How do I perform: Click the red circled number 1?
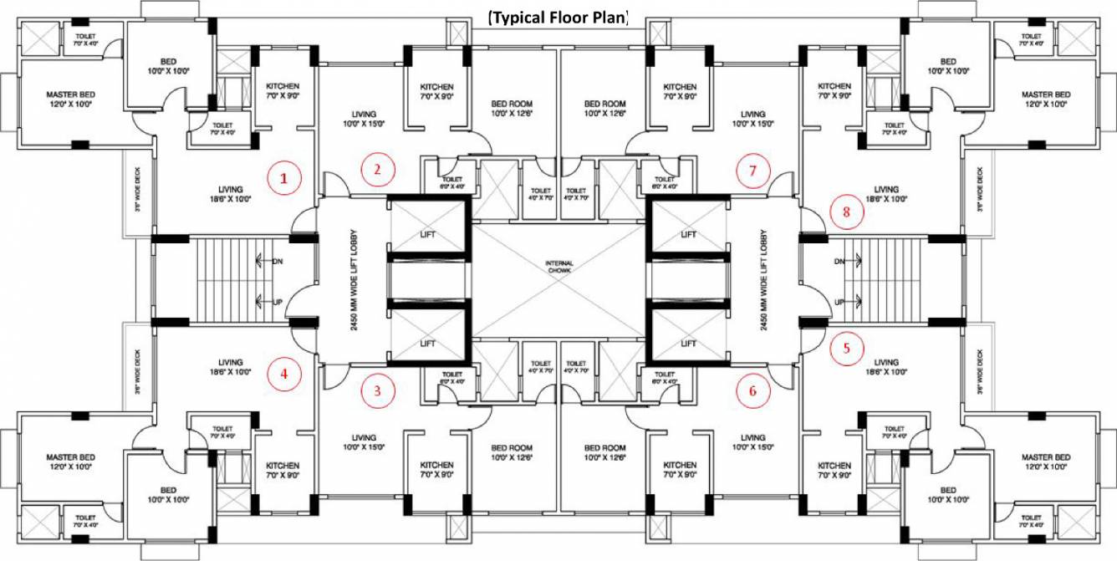point(283,178)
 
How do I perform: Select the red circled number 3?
point(377,390)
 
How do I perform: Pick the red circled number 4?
point(283,375)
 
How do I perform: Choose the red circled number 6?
point(752,390)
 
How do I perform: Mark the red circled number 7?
point(752,171)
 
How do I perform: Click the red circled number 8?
point(846,212)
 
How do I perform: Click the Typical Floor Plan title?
point(558,16)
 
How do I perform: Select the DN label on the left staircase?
point(277,261)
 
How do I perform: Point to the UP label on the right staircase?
point(839,301)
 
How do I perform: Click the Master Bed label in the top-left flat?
point(70,99)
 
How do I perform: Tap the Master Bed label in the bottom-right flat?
point(1045,462)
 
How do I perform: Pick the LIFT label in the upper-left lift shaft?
point(427,235)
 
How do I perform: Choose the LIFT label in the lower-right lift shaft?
point(688,344)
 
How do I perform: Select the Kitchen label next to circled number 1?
point(283,91)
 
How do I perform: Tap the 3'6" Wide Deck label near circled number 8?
point(980,189)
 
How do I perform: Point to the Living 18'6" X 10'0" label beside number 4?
point(230,367)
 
